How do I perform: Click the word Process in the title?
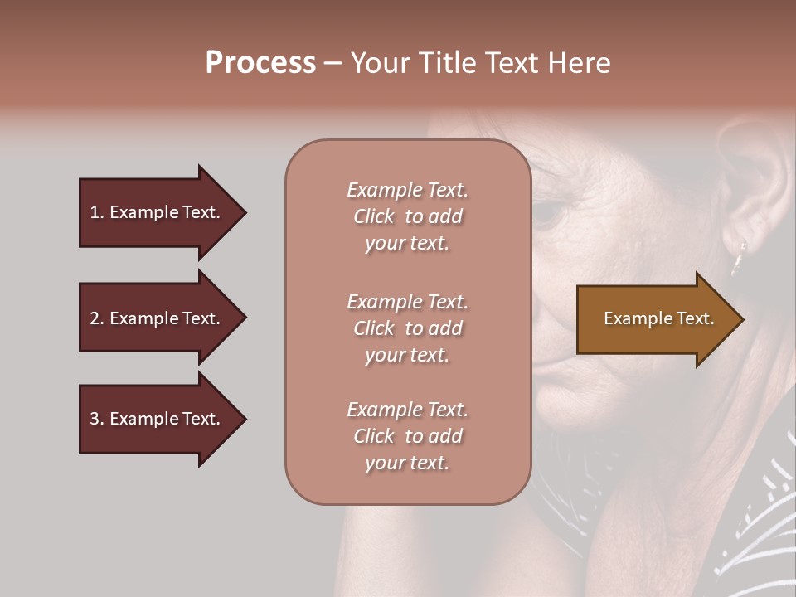point(260,63)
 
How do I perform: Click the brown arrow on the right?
point(655,319)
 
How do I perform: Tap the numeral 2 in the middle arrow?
point(95,318)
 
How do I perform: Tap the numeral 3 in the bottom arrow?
point(95,419)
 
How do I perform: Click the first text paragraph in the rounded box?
point(407,216)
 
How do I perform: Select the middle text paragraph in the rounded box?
point(407,328)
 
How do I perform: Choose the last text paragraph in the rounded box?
point(407,436)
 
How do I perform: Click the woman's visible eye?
point(547,214)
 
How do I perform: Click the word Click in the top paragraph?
point(374,216)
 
